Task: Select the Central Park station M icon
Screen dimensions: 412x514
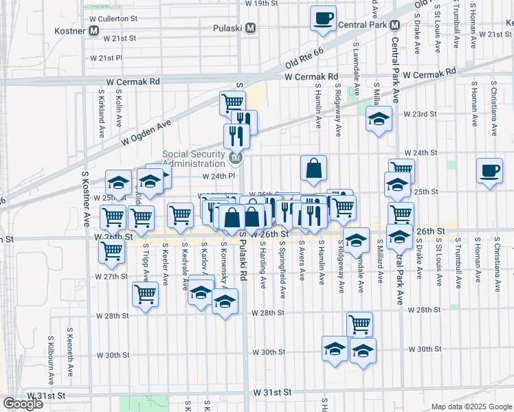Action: pos(394,25)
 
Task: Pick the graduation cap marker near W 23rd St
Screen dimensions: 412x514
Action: pos(379,119)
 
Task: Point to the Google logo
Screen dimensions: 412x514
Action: pos(23,404)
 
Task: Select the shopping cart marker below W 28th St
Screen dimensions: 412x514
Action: pos(359,323)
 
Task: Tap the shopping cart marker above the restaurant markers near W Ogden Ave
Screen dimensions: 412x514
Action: pos(232,102)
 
